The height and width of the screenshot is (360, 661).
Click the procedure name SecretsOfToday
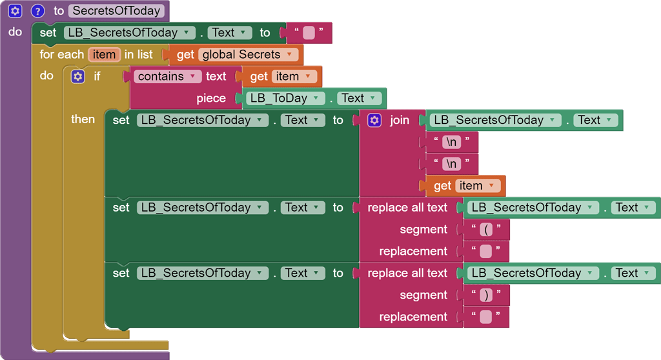coord(116,11)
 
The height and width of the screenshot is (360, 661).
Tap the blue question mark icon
coord(37,11)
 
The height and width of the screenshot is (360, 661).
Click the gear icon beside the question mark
coord(15,11)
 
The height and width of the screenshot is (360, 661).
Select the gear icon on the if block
coord(78,77)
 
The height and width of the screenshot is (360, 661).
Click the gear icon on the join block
coord(374,121)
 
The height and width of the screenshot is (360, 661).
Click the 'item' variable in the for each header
coord(104,55)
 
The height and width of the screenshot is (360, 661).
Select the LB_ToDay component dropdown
coord(287,99)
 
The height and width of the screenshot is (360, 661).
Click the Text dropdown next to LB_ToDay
coord(359,99)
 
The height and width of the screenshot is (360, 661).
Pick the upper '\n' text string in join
coord(453,143)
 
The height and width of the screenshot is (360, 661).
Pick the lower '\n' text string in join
coord(453,164)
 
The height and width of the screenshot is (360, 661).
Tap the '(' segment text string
coord(486,230)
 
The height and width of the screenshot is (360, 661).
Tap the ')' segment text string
coord(486,295)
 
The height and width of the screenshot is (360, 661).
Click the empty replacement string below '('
coord(486,252)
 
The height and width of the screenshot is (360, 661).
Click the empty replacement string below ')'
coord(486,317)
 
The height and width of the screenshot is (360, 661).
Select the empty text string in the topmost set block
coord(309,33)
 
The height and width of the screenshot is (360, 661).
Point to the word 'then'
coord(83,119)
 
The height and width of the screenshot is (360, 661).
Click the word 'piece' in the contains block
coord(211,99)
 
